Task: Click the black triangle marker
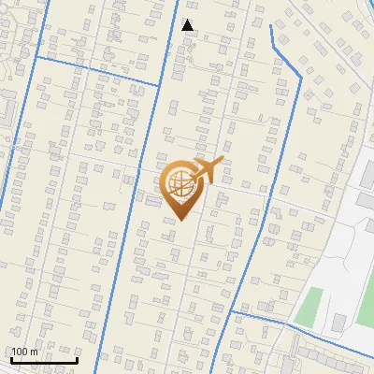[188, 25]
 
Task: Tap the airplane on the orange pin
[206, 171]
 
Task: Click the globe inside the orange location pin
[180, 185]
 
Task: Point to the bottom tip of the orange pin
[180, 221]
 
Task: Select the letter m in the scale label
[34, 352]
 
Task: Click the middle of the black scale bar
[43, 360]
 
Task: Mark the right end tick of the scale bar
[77, 358]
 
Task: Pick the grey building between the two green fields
[338, 323]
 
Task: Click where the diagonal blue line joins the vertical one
[231, 313]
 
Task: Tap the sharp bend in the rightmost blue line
[301, 82]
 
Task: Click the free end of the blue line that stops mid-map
[271, 25]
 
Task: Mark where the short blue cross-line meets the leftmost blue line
[36, 58]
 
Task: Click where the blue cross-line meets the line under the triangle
[160, 85]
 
